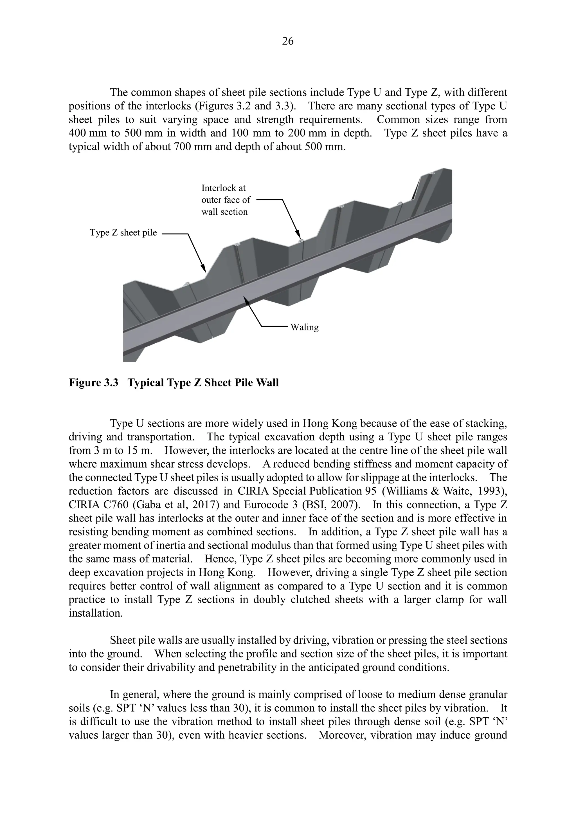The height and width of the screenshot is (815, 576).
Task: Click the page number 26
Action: pos(288,42)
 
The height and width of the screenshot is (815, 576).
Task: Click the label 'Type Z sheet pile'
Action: pos(123,233)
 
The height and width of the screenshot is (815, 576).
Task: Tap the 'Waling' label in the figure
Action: pos(304,327)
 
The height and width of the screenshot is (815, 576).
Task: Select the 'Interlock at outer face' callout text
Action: pos(226,200)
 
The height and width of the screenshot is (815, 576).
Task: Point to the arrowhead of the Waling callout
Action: pos(245,299)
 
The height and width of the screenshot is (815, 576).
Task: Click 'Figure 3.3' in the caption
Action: pos(93,383)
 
